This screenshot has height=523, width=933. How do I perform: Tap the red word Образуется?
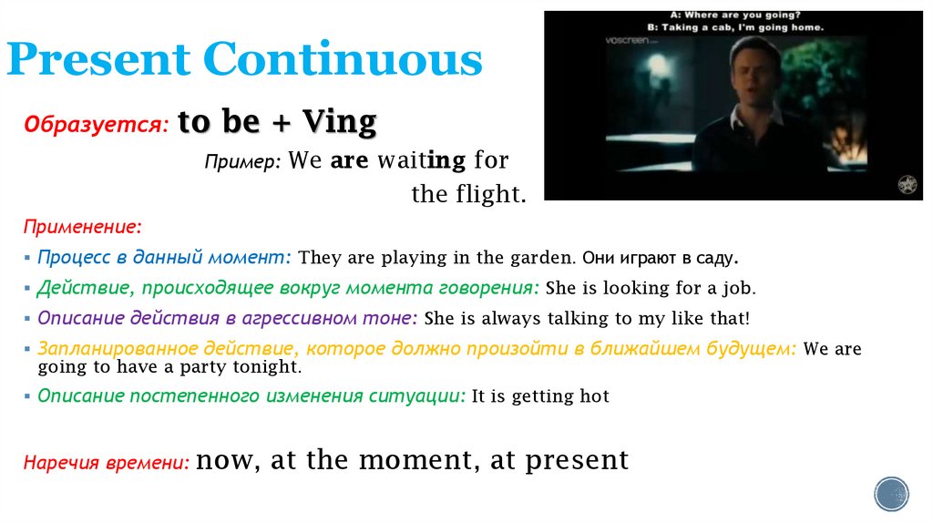click(x=96, y=125)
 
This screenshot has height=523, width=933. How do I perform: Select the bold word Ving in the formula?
click(x=339, y=122)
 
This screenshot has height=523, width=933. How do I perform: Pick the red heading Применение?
click(x=82, y=225)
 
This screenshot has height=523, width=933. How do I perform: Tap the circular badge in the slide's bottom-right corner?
click(x=891, y=494)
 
